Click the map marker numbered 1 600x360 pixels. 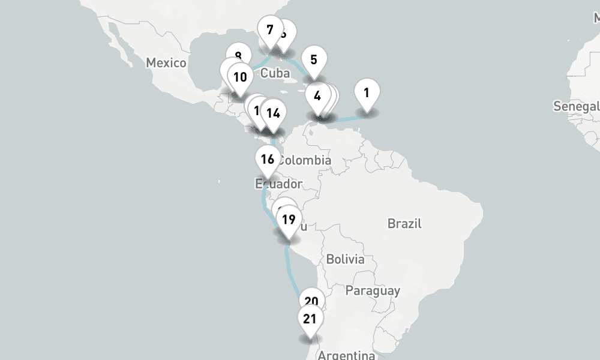pyautogui.click(x=367, y=93)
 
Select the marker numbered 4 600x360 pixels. pyautogui.click(x=317, y=95)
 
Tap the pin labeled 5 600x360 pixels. pyautogui.click(x=314, y=59)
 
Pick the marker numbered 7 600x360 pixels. pyautogui.click(x=269, y=29)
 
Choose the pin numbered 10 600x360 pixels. pyautogui.click(x=240, y=77)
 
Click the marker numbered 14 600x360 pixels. pyautogui.click(x=273, y=113)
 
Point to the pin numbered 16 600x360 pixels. pyautogui.click(x=267, y=159)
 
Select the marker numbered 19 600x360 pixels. pyautogui.click(x=289, y=220)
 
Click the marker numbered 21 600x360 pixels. pyautogui.click(x=310, y=319)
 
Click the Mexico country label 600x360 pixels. pyautogui.click(x=166, y=62)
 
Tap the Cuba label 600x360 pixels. pyautogui.click(x=275, y=73)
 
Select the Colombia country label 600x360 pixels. pyautogui.click(x=305, y=160)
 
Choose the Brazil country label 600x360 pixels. pyautogui.click(x=404, y=224)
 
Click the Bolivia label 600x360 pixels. pyautogui.click(x=345, y=259)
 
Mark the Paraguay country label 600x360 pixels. pyautogui.click(x=373, y=291)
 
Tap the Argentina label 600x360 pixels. pyautogui.click(x=346, y=355)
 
